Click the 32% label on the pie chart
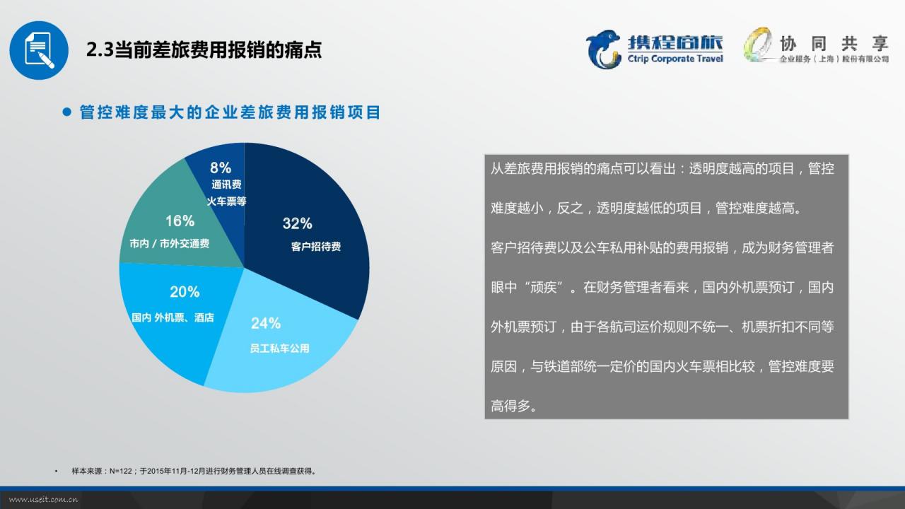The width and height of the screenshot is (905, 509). coord(298,223)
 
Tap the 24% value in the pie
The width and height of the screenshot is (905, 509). coord(266,323)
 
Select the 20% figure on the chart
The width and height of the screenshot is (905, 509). coord(185,292)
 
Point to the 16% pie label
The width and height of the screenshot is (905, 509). coord(180,221)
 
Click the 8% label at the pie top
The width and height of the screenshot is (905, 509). coord(221,168)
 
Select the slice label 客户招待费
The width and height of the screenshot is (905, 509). coord(316,247)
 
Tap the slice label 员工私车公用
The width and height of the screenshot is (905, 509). coord(279,349)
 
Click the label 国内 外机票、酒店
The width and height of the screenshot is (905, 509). coord(173,317)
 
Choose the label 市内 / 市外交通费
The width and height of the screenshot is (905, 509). coord(169,244)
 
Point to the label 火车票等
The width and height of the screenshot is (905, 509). coord(227,201)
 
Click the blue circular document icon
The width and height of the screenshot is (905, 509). coord(39,50)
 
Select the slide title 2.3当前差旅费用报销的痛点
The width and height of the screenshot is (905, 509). coord(204,49)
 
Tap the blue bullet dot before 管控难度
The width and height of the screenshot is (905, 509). coord(67,112)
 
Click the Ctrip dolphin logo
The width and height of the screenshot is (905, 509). coord(603,49)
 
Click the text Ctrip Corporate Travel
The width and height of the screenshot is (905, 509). coord(675,59)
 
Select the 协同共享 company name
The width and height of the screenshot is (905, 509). coord(834,43)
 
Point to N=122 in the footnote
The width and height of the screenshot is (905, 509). coord(121,471)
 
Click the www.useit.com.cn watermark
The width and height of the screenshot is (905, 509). coord(43,500)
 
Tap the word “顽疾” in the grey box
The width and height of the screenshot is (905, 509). coord(544,287)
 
